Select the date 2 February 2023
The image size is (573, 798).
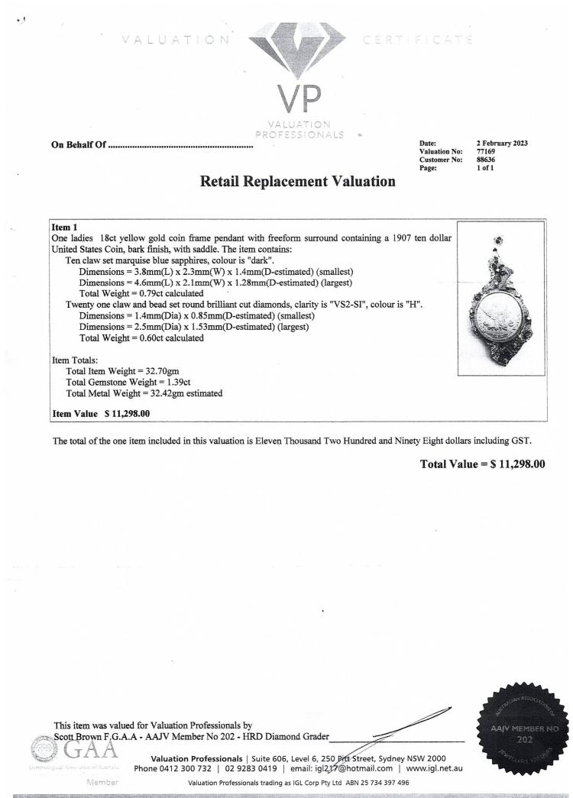(x=502, y=144)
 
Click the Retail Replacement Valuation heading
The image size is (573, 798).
(x=298, y=182)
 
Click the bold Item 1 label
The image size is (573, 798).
(x=64, y=228)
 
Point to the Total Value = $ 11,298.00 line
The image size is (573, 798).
(x=482, y=464)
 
